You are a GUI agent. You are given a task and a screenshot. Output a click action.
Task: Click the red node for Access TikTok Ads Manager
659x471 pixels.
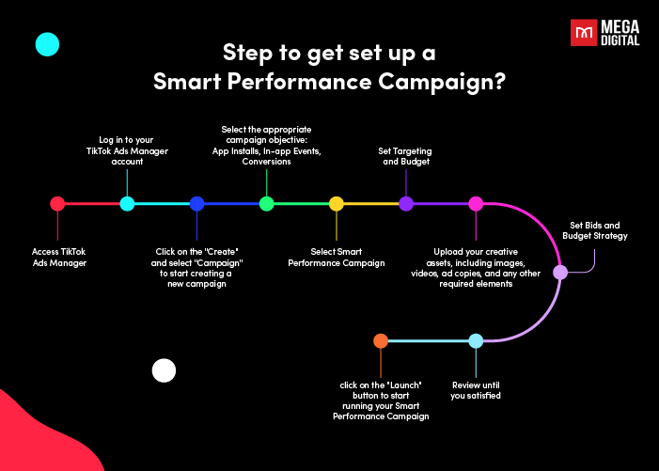coord(57,204)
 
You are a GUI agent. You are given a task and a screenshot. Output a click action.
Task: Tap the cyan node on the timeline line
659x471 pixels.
coord(127,204)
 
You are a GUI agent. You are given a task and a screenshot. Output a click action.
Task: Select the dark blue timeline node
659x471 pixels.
coord(196,204)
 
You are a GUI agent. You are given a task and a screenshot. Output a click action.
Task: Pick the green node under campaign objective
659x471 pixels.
coord(266,204)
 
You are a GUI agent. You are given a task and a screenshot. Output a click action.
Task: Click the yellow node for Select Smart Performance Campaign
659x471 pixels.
coord(337,204)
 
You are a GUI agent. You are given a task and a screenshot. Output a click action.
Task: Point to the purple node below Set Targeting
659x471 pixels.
coord(406,204)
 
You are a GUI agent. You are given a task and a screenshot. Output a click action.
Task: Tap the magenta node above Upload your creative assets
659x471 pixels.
coord(476,204)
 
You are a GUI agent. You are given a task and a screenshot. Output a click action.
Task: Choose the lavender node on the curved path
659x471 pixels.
coord(560,273)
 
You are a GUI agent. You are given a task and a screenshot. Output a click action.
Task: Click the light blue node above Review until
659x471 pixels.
coord(476,340)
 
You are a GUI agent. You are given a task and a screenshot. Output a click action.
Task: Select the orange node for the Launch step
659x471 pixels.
coord(381,340)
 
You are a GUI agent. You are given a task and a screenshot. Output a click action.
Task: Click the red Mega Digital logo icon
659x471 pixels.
coord(584,32)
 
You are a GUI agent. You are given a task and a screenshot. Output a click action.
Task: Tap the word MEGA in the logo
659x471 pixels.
coord(620,27)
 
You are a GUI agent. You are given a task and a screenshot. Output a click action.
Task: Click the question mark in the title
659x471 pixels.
coord(500,82)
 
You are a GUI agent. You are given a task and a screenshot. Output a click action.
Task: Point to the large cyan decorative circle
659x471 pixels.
coord(48,44)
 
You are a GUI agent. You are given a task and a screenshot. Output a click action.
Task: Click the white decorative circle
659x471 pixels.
coord(164,370)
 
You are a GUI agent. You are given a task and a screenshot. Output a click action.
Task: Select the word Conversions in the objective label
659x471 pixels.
coord(266,162)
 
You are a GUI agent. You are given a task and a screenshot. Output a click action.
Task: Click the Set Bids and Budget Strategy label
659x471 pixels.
coord(595,230)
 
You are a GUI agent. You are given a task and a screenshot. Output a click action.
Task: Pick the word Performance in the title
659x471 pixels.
coord(300,82)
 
